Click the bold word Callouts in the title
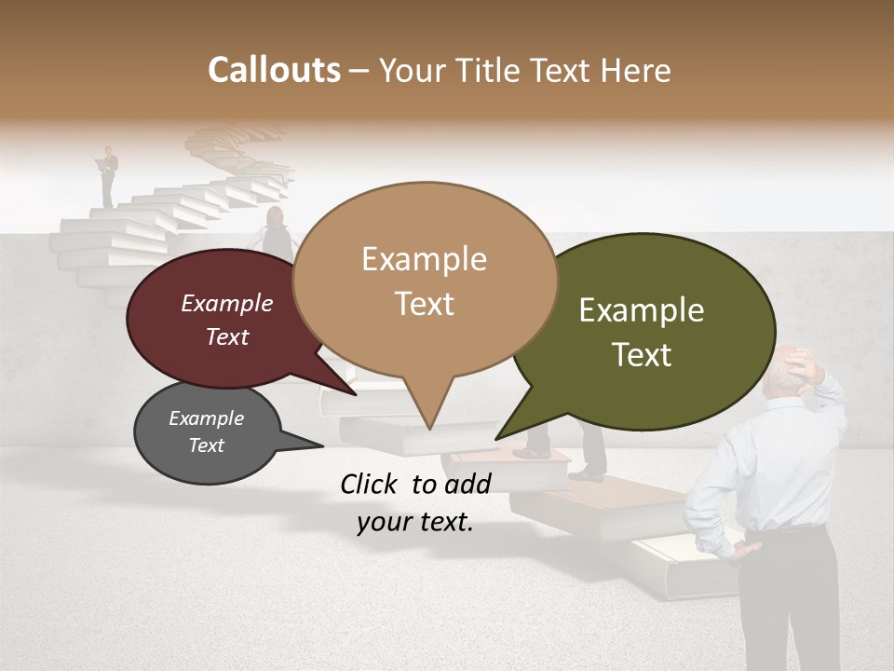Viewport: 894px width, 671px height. [274, 70]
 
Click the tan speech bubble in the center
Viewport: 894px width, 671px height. [425, 280]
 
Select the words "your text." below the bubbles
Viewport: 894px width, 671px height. [415, 522]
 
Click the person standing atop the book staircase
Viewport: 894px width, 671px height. [109, 174]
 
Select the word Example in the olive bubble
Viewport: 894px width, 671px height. [642, 310]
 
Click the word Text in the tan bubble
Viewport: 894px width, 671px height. [425, 304]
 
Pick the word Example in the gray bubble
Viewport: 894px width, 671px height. [206, 418]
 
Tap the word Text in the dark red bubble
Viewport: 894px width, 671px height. [226, 336]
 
